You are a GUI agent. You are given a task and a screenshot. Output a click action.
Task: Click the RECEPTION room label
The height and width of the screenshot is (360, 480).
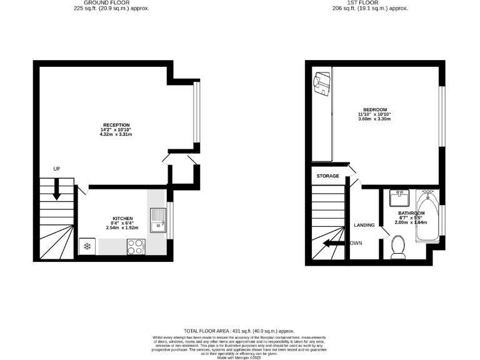116,124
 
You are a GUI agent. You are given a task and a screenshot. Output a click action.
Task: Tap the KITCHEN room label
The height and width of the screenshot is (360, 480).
123,218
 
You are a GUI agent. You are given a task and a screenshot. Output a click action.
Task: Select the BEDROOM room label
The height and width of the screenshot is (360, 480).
374,109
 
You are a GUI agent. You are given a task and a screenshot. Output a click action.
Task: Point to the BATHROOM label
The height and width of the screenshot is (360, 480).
412,212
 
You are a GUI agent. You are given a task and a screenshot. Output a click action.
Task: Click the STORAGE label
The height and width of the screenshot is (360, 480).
327,176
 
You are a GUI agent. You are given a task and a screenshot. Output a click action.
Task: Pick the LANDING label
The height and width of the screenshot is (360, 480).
364,225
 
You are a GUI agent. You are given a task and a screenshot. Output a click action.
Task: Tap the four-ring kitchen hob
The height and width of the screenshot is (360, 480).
134,247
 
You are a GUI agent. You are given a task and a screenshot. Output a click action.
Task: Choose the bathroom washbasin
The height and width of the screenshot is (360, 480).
397,199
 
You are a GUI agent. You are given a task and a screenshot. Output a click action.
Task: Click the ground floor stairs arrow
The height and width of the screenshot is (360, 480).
57,188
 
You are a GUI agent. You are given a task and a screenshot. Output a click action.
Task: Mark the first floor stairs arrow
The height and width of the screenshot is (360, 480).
334,243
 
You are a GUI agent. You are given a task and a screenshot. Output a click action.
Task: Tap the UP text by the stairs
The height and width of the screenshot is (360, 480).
57,169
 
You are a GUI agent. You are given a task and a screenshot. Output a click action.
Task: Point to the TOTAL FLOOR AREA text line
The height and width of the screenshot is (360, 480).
239,331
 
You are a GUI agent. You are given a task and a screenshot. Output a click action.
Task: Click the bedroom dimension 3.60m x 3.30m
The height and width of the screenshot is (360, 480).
374,119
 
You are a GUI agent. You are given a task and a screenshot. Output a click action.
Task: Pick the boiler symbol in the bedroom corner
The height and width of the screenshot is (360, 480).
322,84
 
